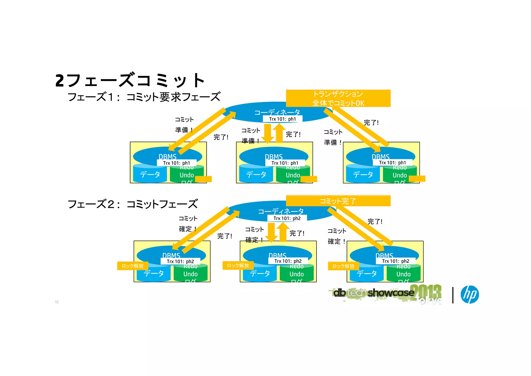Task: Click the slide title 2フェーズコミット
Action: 130,80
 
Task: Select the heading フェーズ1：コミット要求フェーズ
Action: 144,97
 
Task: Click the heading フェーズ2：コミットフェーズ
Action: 133,204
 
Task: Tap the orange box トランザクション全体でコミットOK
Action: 338,98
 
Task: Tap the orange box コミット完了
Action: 338,201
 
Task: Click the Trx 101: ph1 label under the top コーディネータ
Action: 282,119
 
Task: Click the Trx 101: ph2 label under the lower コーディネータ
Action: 287,218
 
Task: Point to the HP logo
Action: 470,294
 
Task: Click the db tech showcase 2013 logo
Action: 386,293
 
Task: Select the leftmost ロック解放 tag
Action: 132,266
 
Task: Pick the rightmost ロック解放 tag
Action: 343,266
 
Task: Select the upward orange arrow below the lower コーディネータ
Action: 283,232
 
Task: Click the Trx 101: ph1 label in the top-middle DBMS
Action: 285,163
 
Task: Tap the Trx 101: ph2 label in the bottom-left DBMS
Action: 180,261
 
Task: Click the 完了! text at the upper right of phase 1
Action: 371,123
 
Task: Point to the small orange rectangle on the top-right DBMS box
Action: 417,179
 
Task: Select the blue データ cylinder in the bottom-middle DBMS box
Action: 260,273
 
